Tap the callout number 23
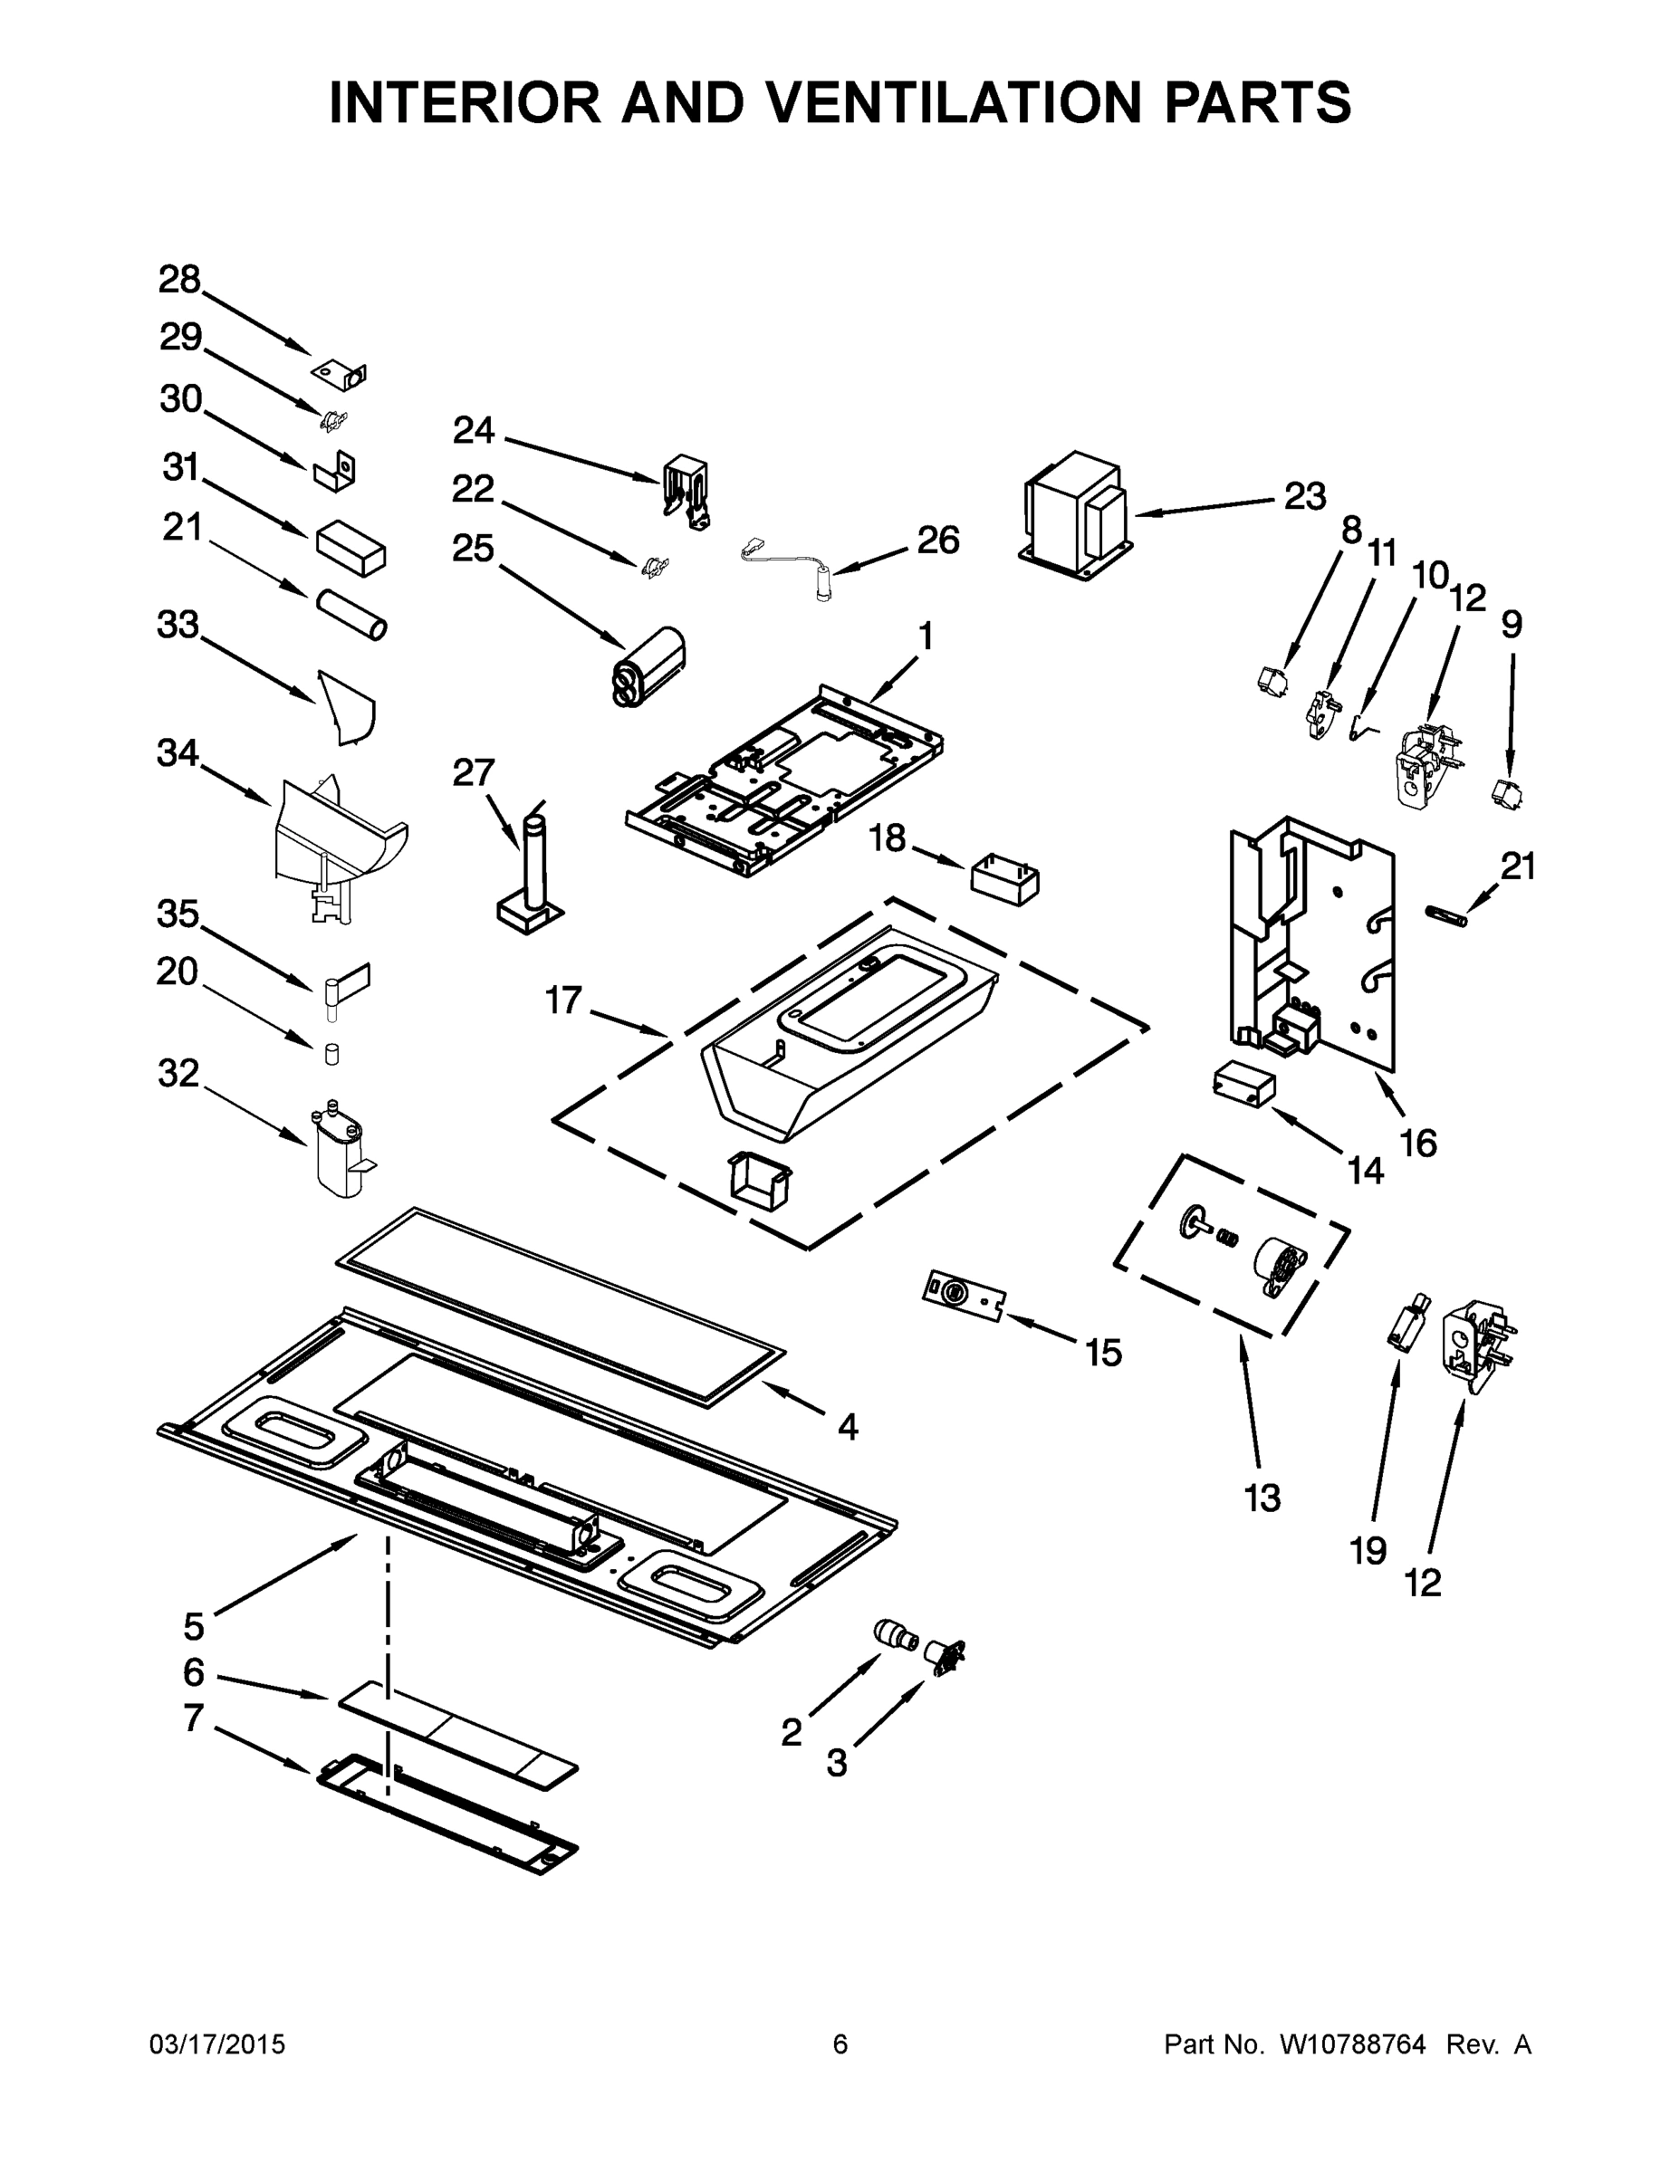tap(1304, 496)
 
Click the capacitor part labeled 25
tap(652, 665)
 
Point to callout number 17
tap(563, 1000)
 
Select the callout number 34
tap(178, 754)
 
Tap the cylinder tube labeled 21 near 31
tap(351, 615)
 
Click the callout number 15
tap(1103, 1354)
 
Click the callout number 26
tap(937, 541)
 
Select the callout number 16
tap(1418, 1144)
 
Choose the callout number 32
tap(178, 1074)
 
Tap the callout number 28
tap(179, 281)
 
